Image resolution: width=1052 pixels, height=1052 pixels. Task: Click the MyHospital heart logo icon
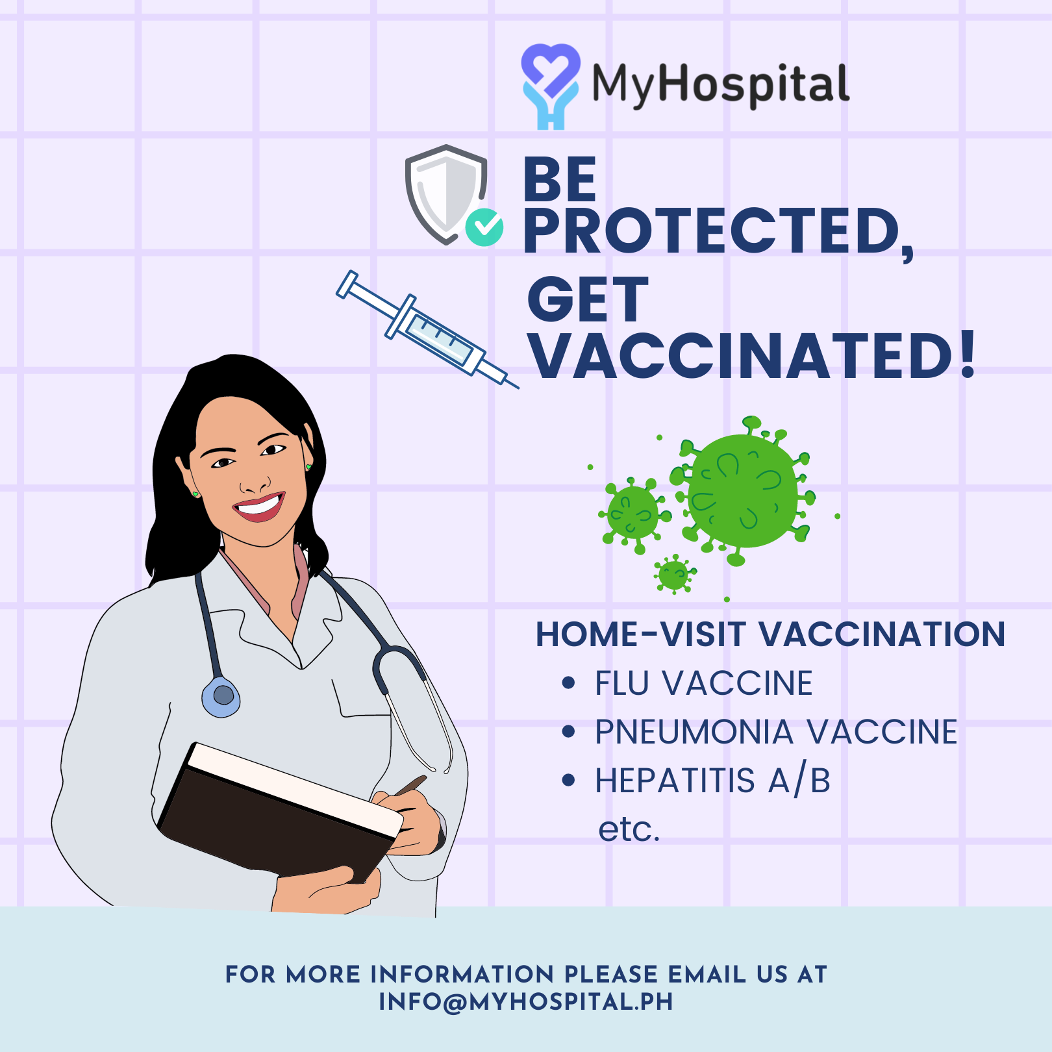tap(550, 85)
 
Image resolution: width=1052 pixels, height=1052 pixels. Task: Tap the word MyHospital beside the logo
tap(721, 85)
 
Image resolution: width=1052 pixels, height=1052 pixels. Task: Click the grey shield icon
tap(446, 194)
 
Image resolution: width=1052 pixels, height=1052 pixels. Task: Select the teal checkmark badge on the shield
tap(484, 227)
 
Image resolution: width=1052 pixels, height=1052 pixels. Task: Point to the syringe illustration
tap(427, 329)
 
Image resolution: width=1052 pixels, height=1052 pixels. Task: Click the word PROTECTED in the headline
tap(718, 232)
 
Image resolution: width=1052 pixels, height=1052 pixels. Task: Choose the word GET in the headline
tap(588, 299)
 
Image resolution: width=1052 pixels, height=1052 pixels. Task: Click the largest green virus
tap(742, 491)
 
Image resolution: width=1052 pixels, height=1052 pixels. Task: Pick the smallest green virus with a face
tap(674, 574)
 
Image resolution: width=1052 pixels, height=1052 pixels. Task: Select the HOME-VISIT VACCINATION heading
tap(770, 634)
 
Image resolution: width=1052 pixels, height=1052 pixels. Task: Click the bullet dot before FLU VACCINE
tap(569, 683)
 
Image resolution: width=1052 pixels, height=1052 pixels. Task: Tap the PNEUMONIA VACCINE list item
tap(776, 732)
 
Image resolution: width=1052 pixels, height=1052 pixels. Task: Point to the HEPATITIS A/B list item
tap(713, 781)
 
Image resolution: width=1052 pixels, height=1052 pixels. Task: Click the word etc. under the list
tap(629, 829)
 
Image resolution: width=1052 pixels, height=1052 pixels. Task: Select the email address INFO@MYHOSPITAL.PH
tap(526, 1002)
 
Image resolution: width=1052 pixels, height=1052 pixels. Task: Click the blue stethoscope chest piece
tap(221, 697)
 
